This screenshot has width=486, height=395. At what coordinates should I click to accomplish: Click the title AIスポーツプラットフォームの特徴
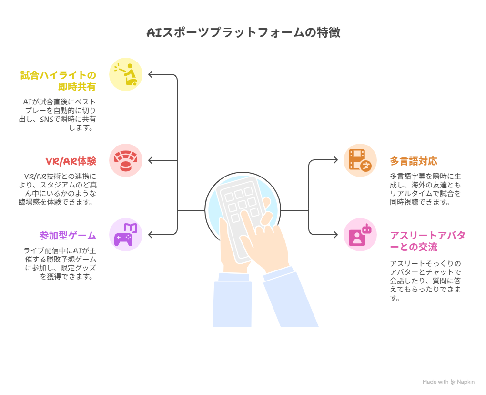click(243, 32)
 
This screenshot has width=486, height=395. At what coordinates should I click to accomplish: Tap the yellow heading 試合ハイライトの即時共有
click(58, 81)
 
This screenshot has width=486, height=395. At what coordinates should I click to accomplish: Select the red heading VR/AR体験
click(71, 161)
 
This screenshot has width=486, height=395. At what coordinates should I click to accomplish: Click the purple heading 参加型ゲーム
click(68, 236)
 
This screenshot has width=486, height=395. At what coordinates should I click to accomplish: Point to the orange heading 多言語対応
click(414, 161)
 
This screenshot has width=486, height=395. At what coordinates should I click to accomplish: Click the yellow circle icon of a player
click(125, 74)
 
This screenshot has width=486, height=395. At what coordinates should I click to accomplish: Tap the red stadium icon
click(125, 160)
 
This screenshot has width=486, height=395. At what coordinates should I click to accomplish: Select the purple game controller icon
click(125, 235)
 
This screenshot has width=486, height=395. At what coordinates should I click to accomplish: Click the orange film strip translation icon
click(360, 160)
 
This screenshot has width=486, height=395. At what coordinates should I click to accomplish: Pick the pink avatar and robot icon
click(360, 235)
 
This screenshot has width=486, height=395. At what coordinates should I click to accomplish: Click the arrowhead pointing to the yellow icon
click(151, 74)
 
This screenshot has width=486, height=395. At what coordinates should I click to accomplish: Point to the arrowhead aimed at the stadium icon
click(151, 160)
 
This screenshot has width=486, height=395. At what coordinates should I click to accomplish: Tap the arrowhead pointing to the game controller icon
click(151, 235)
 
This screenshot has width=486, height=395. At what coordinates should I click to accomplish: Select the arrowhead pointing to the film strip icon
click(335, 160)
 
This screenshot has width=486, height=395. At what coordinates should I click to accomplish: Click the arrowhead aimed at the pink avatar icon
click(335, 235)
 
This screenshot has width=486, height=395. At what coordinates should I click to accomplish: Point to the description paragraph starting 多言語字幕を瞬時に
click(425, 189)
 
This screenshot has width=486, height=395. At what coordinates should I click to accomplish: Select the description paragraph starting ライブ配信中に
click(60, 264)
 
